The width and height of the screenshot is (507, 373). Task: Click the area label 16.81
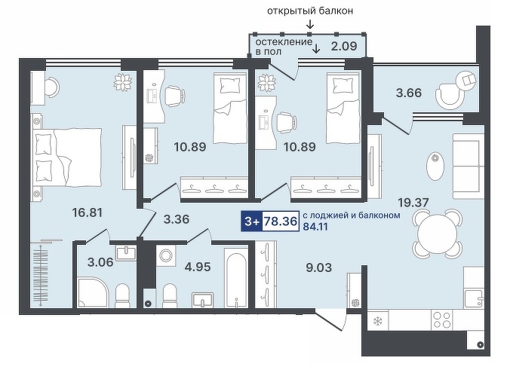pos(88,212)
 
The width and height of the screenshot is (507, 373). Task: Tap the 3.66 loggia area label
pos(409,93)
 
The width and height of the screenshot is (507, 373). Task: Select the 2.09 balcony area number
pos(344,46)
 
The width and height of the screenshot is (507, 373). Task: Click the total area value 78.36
pos(281,222)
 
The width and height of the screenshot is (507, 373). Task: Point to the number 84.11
pos(315,226)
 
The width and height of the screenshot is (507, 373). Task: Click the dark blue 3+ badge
pos(252,222)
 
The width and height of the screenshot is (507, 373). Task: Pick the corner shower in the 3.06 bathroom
pos(93,292)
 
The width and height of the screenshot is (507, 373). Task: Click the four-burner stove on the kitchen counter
pos(441,320)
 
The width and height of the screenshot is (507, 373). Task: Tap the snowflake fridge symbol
pos(377,321)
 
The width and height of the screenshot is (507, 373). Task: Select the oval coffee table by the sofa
pos(435,167)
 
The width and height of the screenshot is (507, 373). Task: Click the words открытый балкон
pos(310,11)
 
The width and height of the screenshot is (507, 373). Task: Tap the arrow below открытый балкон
pos(310,24)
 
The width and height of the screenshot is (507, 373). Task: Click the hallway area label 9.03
pos(319,268)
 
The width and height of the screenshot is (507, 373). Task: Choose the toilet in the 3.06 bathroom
pos(122,295)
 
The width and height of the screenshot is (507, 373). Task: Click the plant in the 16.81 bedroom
pos(123,81)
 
